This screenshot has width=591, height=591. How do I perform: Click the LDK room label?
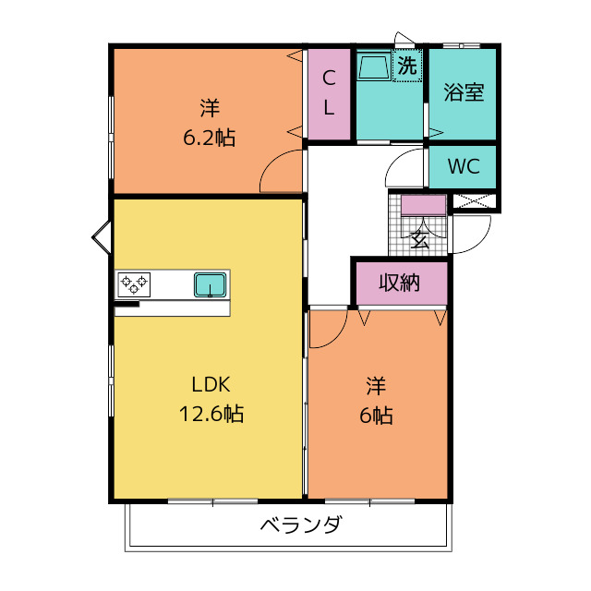tap(211, 384)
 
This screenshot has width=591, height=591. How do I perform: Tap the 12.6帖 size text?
tap(211, 414)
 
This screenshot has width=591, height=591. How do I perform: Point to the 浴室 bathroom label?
tap(464, 92)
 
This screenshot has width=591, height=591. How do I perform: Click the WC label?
tap(463, 167)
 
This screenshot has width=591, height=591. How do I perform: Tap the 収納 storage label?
tap(399, 283)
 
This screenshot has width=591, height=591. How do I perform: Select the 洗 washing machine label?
tap(406, 66)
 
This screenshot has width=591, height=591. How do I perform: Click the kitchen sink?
tap(211, 285)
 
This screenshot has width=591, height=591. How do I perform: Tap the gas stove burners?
tap(134, 283)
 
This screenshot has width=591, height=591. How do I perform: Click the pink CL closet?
tap(328, 93)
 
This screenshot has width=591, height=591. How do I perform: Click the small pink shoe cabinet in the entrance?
tap(423, 205)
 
